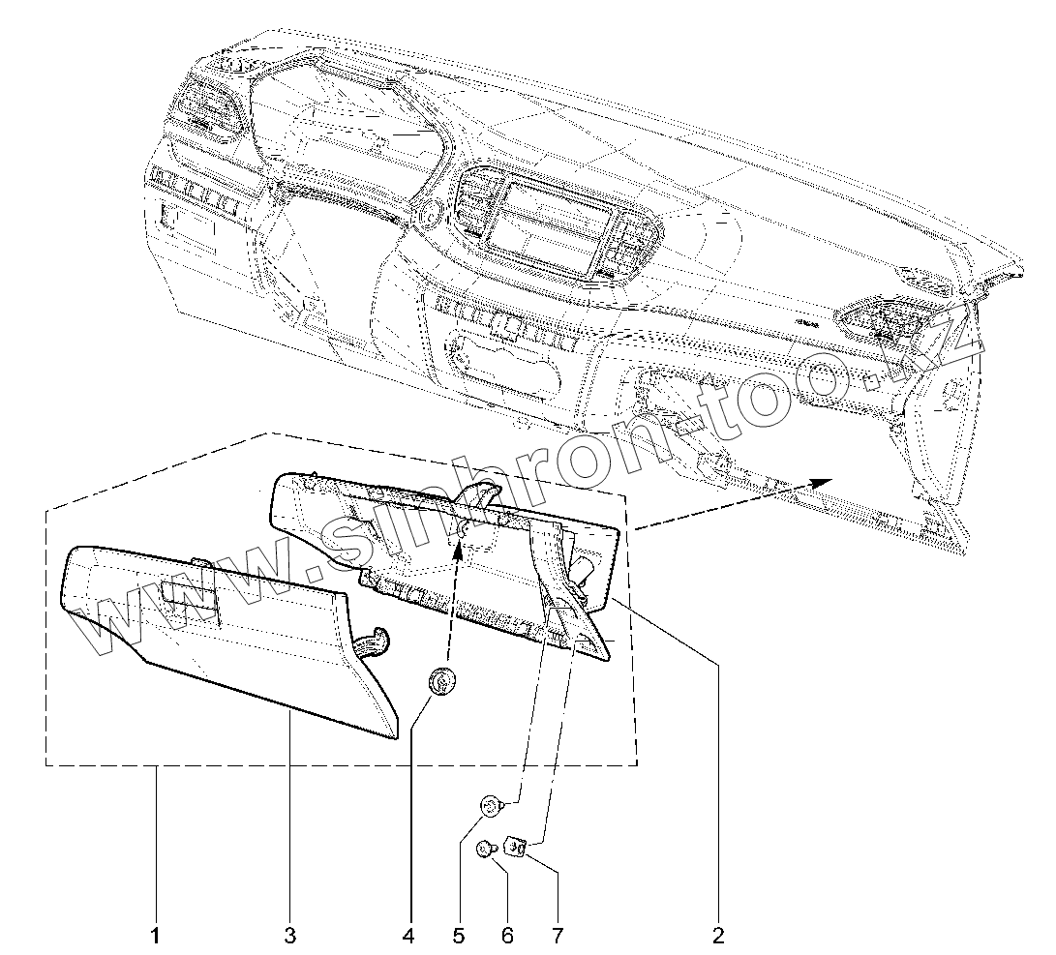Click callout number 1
pos(155,936)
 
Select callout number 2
pos(717,936)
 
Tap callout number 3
pos(290,936)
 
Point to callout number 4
pos(407,936)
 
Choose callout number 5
pos(459,936)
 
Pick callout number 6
pos(507,936)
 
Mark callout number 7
pos(557,936)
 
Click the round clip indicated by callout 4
pos(442,683)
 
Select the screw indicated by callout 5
pos(492,804)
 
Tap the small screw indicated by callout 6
pos(485,849)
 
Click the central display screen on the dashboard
pos(547,224)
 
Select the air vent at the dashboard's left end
pos(209,105)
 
